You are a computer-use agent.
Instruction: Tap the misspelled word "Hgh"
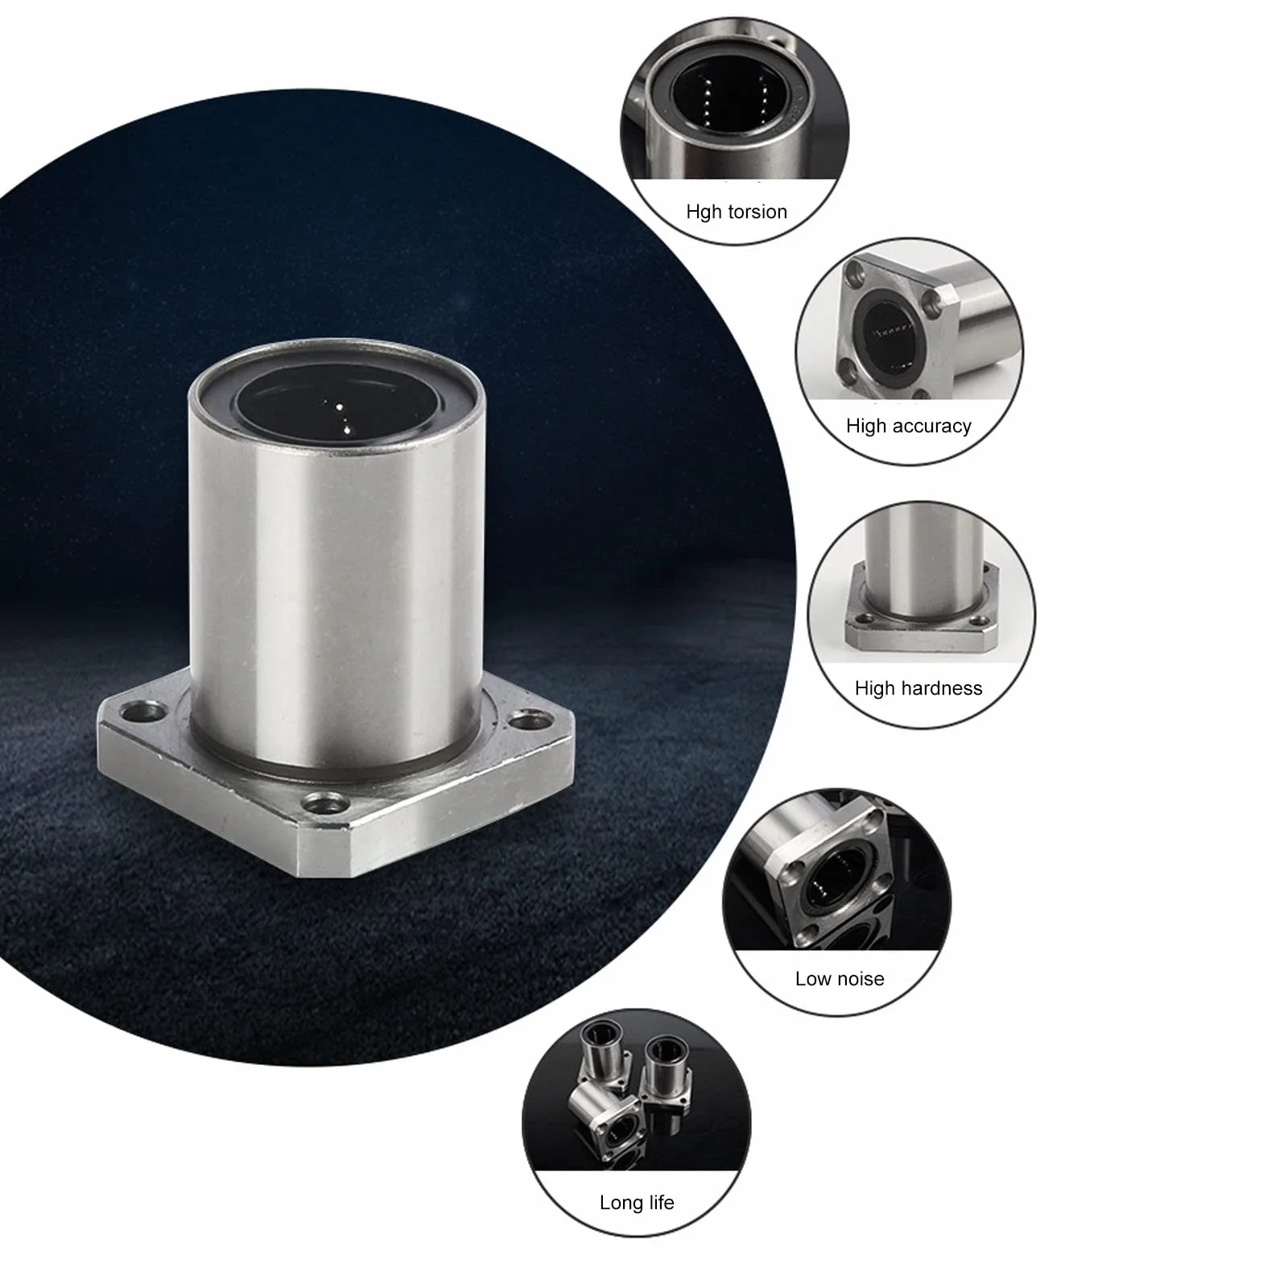pyautogui.click(x=703, y=213)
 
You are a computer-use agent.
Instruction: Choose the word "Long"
pyautogui.click(x=621, y=1203)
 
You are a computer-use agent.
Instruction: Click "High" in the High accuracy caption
pyautogui.click(x=865, y=427)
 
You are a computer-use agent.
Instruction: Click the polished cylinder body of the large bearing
pyautogui.click(x=336, y=588)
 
